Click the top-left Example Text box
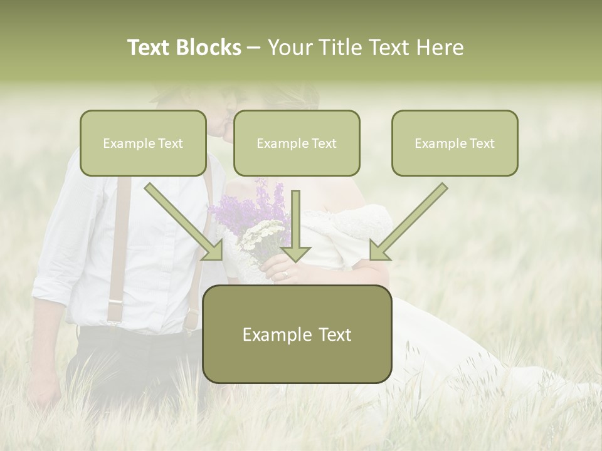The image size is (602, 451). [143, 143]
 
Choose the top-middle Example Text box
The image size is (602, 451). [297, 143]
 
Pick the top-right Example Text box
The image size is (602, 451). [455, 143]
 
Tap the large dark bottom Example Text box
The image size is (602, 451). [297, 334]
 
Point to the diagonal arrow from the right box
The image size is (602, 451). [408, 222]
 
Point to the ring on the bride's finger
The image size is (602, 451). [286, 274]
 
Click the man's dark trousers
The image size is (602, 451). [125, 363]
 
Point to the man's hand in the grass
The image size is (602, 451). [44, 395]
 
